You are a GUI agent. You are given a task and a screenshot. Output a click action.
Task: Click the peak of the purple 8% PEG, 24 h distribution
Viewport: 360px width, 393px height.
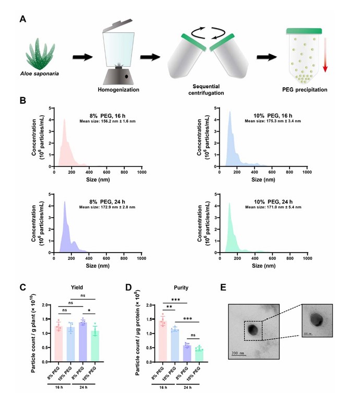tap(65, 203)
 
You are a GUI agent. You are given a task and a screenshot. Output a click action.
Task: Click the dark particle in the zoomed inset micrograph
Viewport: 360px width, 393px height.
tap(317, 319)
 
